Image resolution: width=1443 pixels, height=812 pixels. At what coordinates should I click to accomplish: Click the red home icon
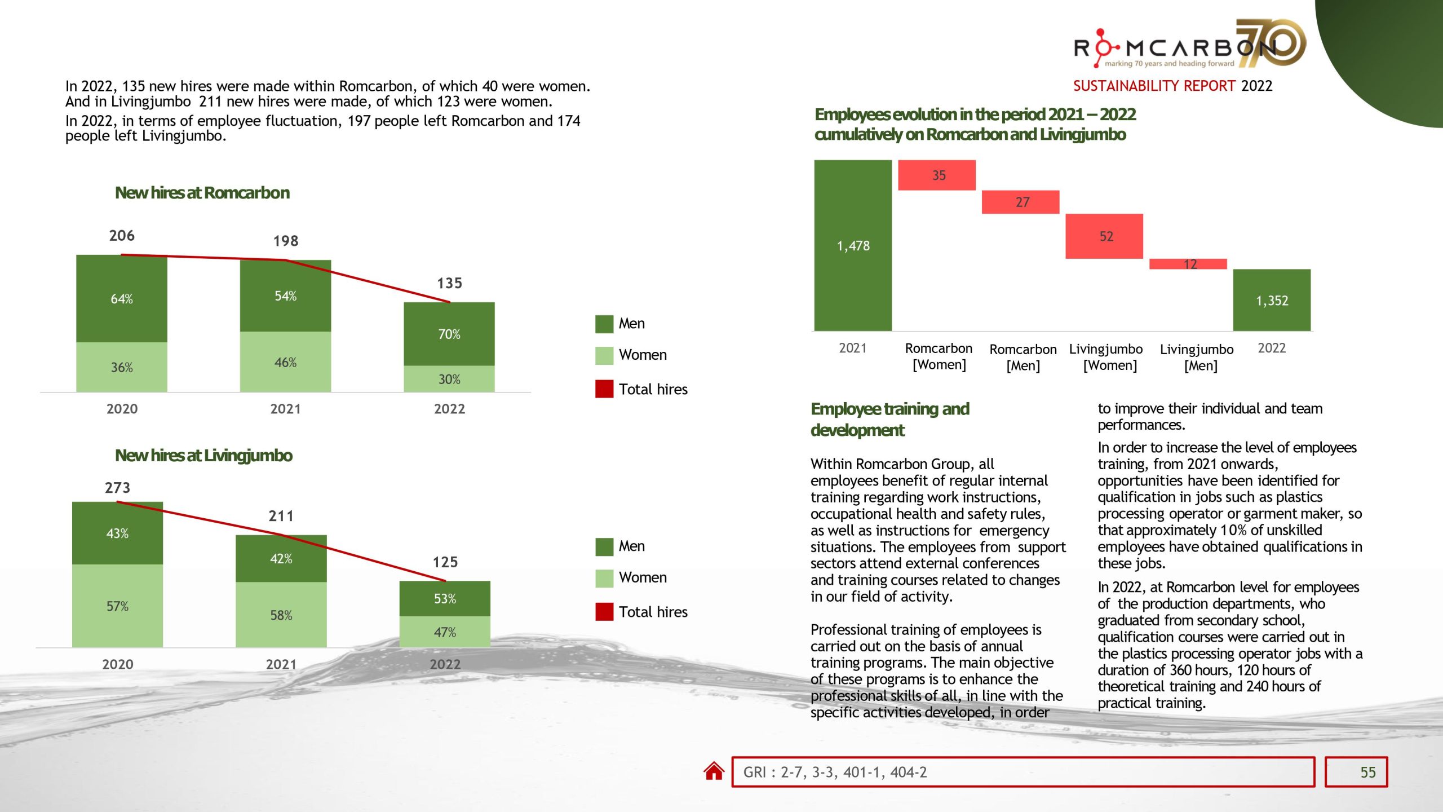714,771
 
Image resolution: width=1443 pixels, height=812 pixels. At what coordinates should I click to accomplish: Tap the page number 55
1367,772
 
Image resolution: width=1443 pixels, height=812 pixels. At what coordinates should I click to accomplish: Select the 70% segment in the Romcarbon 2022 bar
449,334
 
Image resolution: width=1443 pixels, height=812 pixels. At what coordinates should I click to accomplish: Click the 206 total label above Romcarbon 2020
122,236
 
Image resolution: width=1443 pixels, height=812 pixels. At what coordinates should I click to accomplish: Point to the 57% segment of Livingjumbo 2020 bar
117,606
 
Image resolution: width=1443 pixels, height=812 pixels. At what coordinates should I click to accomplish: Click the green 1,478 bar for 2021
853,246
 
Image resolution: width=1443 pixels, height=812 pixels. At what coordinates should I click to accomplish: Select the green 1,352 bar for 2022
1272,300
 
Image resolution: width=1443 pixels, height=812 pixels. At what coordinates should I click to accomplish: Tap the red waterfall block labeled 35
937,175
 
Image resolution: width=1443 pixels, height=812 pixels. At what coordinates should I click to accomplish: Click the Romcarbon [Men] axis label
1023,357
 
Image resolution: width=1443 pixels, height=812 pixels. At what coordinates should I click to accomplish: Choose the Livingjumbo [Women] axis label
1106,357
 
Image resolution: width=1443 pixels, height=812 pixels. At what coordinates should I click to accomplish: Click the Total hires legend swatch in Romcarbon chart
604,389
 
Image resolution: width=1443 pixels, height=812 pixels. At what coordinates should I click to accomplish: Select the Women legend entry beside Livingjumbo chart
642,577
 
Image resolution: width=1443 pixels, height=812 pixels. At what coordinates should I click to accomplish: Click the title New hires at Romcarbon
202,193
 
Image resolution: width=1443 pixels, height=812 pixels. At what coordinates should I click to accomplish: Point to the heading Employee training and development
889,419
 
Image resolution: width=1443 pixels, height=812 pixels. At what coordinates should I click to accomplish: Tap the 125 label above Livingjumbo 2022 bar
445,562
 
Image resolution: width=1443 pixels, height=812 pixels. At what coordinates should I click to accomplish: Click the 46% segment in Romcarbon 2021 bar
285,362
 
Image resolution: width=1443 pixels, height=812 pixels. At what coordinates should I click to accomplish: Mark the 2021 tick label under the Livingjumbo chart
281,664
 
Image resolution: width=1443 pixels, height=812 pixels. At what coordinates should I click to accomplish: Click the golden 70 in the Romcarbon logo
1271,43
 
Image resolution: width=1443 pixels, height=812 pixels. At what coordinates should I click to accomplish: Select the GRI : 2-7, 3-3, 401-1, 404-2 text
835,772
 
